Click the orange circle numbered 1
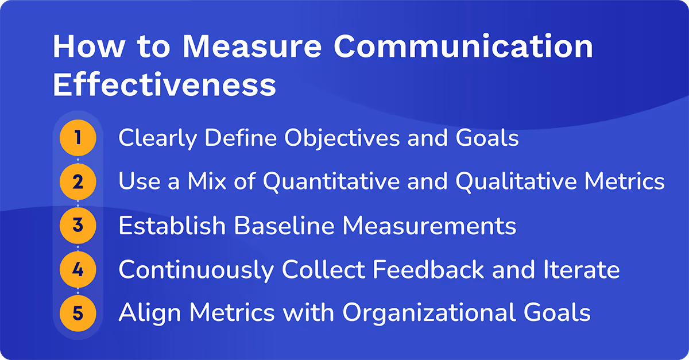click(78, 138)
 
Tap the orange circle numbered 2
click(78, 183)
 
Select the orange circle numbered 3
click(78, 226)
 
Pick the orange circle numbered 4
click(78, 269)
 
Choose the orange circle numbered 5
click(78, 313)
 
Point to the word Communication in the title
click(463, 47)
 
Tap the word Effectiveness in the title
click(164, 85)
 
